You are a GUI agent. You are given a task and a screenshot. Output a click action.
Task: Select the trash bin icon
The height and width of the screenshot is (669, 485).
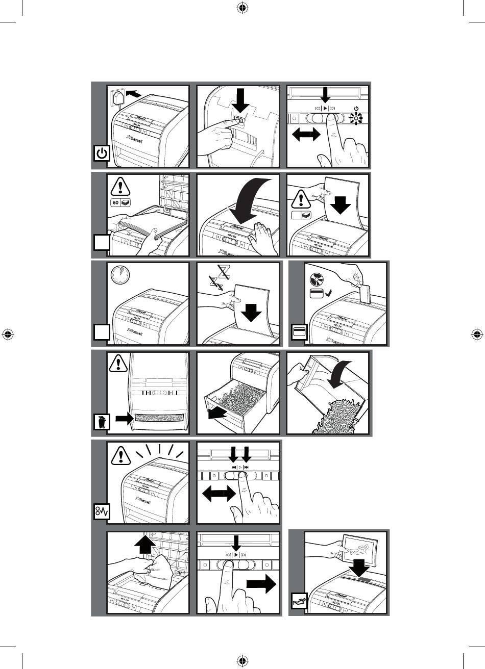(x=103, y=422)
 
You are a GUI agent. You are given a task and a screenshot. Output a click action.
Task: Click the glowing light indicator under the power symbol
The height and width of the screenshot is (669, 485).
(x=355, y=119)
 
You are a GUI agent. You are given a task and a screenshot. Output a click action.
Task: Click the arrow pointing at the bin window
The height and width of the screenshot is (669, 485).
(x=124, y=418)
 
